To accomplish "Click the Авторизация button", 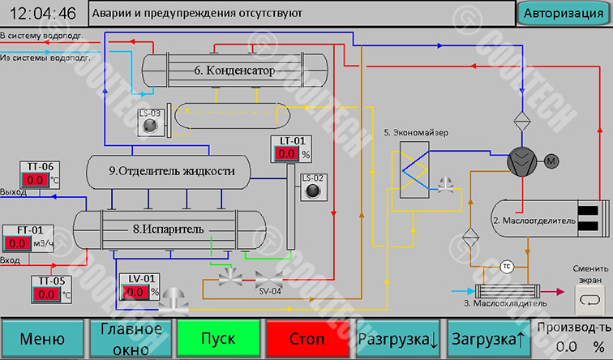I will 564,14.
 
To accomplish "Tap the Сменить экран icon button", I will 588,302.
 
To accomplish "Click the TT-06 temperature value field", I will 36,180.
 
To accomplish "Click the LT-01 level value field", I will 287,153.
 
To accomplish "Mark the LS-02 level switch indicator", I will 313,191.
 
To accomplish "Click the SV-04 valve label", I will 269,292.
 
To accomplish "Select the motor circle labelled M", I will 552,161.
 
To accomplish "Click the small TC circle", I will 505,266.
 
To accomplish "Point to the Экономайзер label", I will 416,131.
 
